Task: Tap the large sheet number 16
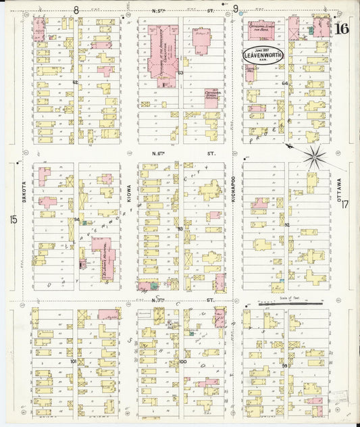pyautogui.click(x=341, y=28)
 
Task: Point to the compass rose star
pyautogui.click(x=313, y=157)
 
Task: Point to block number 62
pyautogui.click(x=76, y=82)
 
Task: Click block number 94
pyautogui.click(x=76, y=220)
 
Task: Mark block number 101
pyautogui.click(x=73, y=361)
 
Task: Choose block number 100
pyautogui.click(x=182, y=362)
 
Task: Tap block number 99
pyautogui.click(x=285, y=366)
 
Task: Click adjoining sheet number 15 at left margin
pyautogui.click(x=12, y=220)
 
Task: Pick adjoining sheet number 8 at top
pyautogui.click(x=76, y=9)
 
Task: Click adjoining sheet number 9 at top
pyautogui.click(x=236, y=9)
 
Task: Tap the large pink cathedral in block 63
pyautogui.click(x=163, y=54)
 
